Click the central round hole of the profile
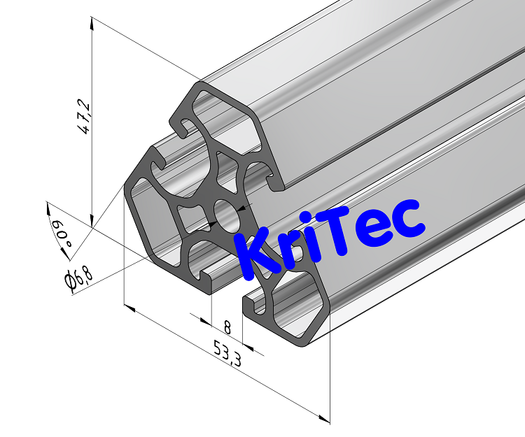tap(226, 215)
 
